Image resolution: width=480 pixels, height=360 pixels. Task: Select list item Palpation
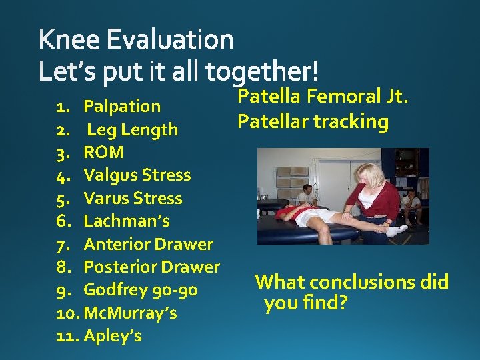pyautogui.click(x=122, y=106)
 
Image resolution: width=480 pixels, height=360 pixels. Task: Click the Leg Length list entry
pyautogui.click(x=132, y=129)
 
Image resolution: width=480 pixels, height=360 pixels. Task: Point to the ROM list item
pyautogui.click(x=103, y=152)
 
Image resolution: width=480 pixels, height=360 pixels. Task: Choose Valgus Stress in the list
pyautogui.click(x=137, y=175)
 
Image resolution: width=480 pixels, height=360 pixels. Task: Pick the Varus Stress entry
pyautogui.click(x=133, y=198)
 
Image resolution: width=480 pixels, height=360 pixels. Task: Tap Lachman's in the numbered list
pyautogui.click(x=127, y=221)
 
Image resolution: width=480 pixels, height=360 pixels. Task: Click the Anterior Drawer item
pyautogui.click(x=148, y=244)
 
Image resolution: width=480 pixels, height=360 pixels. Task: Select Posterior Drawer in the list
pyautogui.click(x=151, y=267)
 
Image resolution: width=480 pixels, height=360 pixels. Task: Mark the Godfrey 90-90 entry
pyautogui.click(x=140, y=290)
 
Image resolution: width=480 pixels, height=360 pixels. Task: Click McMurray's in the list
pyautogui.click(x=131, y=313)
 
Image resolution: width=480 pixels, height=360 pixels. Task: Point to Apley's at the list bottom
pyautogui.click(x=113, y=335)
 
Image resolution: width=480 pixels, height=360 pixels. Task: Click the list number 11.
pyautogui.click(x=67, y=335)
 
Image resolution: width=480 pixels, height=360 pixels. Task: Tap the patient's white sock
pyautogui.click(x=397, y=230)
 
